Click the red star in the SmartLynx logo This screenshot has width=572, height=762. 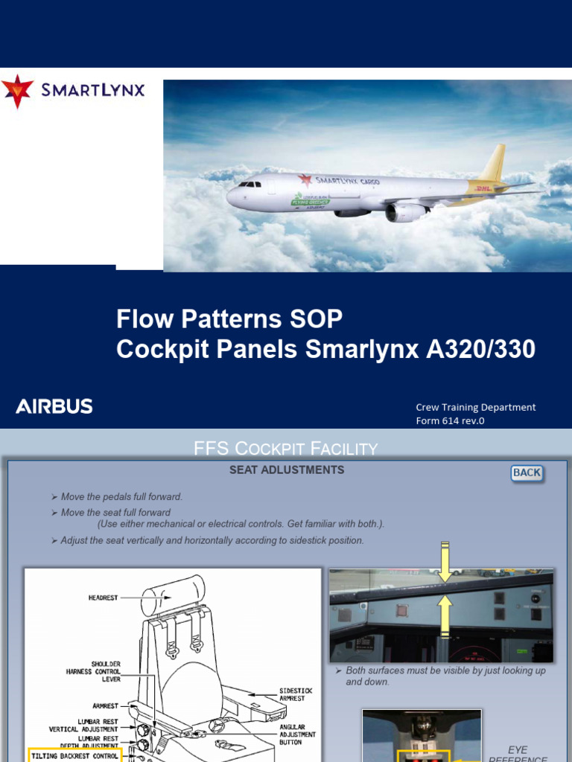[x=17, y=91]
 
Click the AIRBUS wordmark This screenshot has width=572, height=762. [x=54, y=406]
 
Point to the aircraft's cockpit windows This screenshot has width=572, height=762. [x=247, y=184]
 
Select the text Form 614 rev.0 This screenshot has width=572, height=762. [x=450, y=421]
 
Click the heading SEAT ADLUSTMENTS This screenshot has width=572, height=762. [x=287, y=470]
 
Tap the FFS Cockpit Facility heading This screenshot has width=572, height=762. [x=286, y=448]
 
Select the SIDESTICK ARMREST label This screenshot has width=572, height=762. [x=296, y=695]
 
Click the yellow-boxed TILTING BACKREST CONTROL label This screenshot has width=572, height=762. [x=74, y=755]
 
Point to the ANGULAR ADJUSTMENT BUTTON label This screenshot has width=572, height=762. [x=297, y=734]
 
